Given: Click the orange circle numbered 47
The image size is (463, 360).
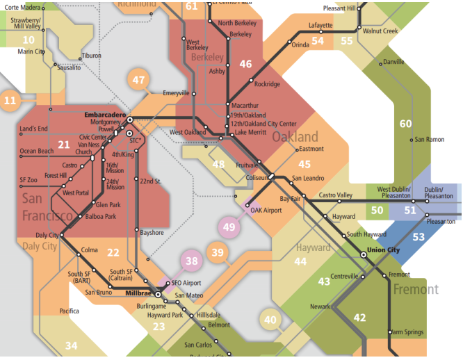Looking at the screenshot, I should point(139,80).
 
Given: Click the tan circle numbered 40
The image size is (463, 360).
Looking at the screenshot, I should point(270,320).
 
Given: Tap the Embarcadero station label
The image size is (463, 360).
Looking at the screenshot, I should point(104,114).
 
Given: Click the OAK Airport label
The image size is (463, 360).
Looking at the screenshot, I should point(266,209).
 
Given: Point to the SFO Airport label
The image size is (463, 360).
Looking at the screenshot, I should point(186,284).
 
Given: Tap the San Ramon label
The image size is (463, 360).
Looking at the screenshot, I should point(430,140).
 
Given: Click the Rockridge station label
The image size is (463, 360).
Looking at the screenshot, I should point(267,84).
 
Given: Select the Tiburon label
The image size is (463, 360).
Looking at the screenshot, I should point(91,56).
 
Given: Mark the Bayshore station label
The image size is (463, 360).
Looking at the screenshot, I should point(152,232).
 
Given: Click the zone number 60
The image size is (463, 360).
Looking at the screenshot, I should point(406,124).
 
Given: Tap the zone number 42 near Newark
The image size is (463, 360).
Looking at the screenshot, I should point(359,318).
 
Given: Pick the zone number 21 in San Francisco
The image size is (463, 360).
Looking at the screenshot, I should point(64,145).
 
